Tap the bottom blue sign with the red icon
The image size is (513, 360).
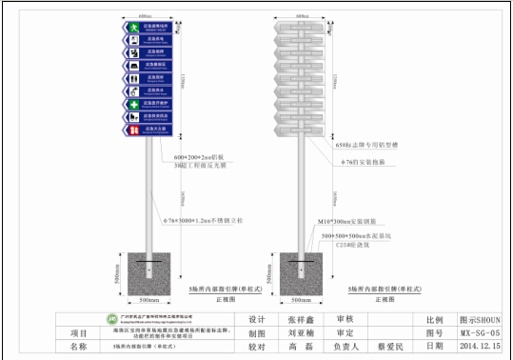[150, 128]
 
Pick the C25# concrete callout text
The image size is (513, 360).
[344, 243]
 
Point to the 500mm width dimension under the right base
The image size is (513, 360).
[304, 298]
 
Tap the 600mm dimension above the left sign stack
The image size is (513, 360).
[149, 16]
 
